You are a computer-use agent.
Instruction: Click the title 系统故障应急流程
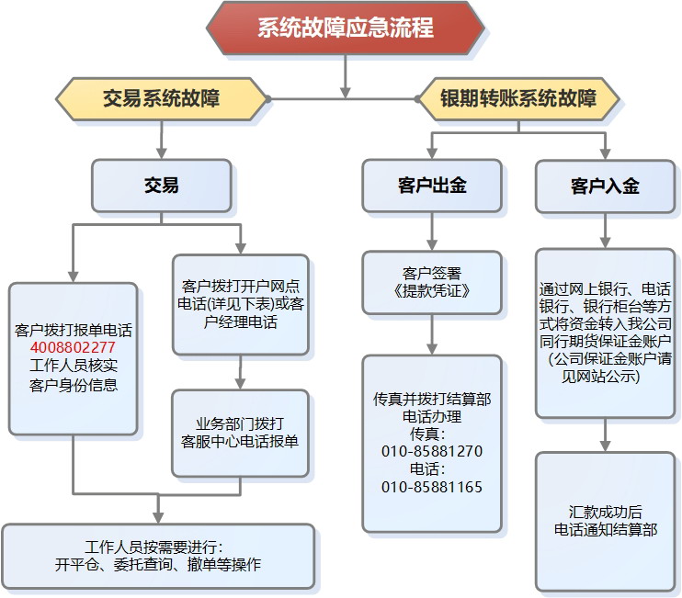coord(345,27)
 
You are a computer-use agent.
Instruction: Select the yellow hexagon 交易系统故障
coord(163,98)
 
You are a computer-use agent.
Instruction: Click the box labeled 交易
coord(162,186)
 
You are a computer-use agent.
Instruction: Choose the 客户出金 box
coord(432,186)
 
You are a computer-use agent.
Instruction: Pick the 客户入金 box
coord(605,186)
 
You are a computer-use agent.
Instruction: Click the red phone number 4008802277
coord(73,348)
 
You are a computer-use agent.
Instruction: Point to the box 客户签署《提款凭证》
coord(432,282)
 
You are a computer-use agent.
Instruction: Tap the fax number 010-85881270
coord(432,451)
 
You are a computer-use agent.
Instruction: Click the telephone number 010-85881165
coord(432,487)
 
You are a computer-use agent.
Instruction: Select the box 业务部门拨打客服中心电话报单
coord(240,433)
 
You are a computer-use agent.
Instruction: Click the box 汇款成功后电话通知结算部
coord(606,520)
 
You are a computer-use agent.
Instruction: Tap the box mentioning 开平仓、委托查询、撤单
coord(158,556)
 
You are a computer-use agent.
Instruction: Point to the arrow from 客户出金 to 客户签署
coord(432,231)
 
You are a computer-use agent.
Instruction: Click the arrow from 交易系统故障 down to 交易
coord(162,138)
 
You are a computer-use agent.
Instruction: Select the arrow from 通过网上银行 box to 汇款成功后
coord(606,432)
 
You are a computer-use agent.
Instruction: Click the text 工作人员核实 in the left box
coord(73,367)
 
